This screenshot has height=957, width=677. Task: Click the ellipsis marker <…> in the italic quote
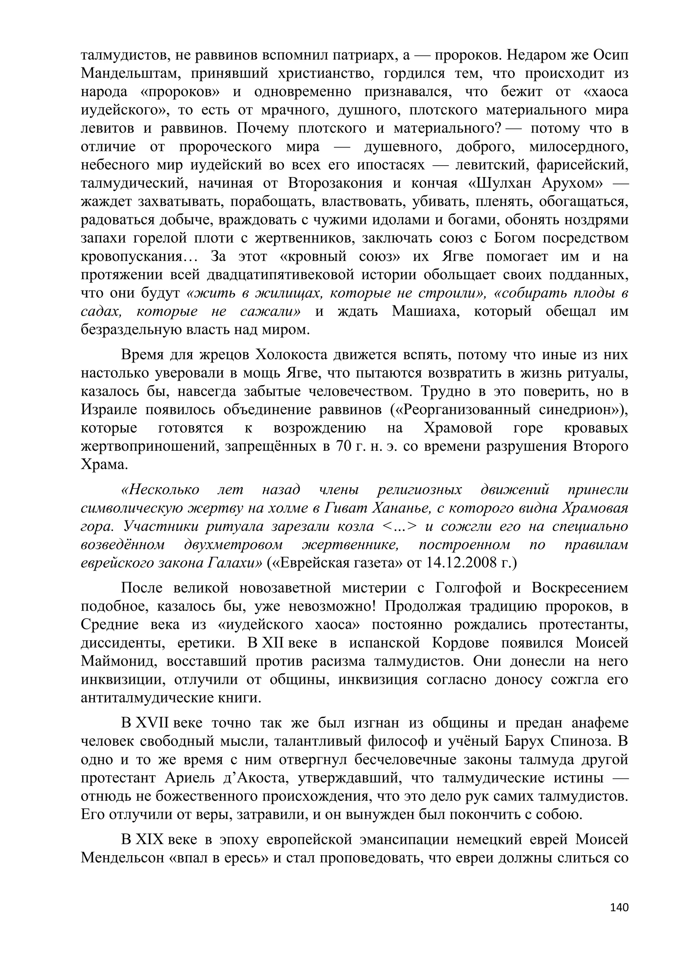point(399,526)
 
